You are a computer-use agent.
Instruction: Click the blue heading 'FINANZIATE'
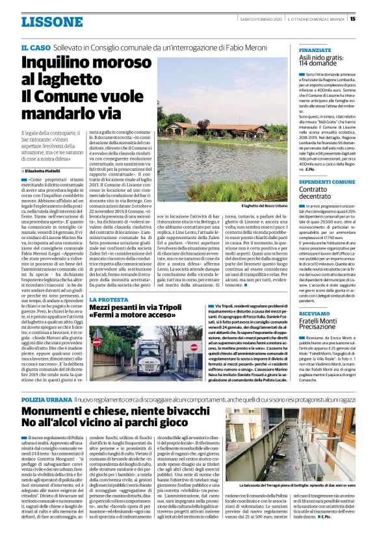(315, 49)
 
